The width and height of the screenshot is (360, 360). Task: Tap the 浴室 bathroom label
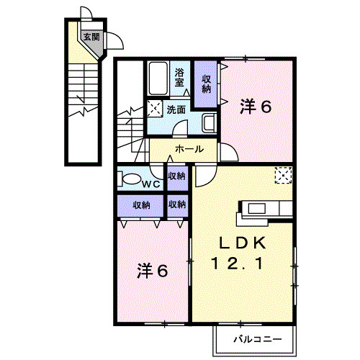click(x=181, y=77)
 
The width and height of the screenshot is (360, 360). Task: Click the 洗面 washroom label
click(x=176, y=110)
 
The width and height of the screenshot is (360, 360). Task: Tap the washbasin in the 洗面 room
click(x=209, y=123)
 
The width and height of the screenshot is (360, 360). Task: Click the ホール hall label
click(x=189, y=149)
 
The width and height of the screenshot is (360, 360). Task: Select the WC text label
click(x=150, y=184)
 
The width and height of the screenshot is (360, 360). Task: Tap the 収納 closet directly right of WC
click(x=176, y=176)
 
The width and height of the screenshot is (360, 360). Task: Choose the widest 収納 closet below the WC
click(x=141, y=205)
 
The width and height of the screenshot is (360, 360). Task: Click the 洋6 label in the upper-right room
click(x=256, y=107)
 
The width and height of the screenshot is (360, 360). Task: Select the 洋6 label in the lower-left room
click(x=153, y=271)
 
